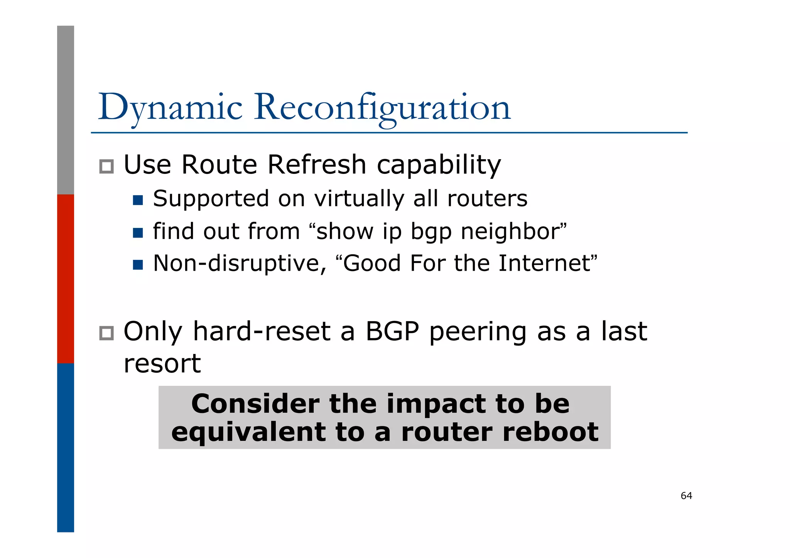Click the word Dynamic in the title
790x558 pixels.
pos(170,108)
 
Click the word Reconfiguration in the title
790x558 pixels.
pos(382,108)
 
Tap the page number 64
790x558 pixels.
pos(686,496)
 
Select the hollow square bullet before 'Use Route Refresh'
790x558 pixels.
pos(106,167)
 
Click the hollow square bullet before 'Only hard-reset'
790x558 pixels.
pos(106,333)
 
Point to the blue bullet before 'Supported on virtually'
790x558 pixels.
pos(138,200)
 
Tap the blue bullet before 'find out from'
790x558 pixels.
pos(138,233)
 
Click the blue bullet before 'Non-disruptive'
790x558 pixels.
pos(138,265)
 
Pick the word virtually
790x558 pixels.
pos(359,199)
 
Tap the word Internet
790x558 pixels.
pos(544,263)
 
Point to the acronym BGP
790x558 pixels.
pos(392,332)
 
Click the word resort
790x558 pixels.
pos(162,364)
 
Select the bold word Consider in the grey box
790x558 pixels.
pos(255,404)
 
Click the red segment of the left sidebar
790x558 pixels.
pos(66,279)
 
